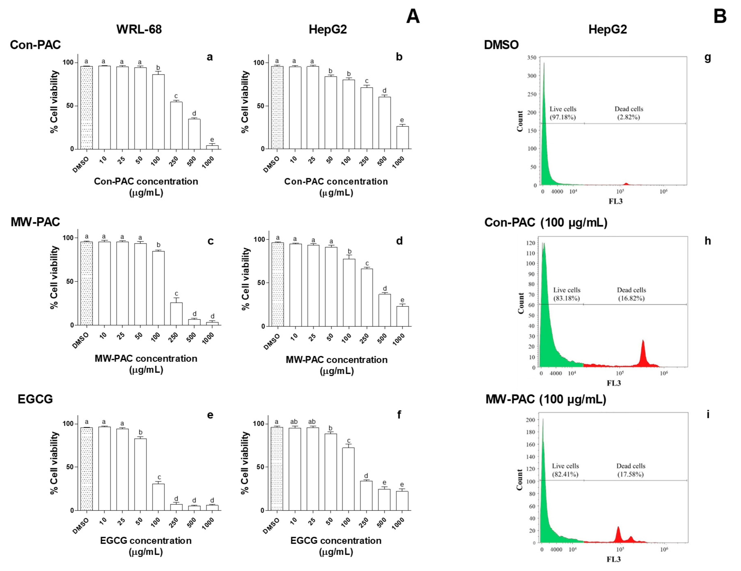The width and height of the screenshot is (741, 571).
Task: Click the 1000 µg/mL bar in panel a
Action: coord(212,147)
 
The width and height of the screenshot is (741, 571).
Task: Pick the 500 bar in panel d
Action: coord(384,310)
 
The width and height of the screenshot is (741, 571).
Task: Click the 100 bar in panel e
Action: coord(158,497)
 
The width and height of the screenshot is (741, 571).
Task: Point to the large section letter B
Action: coord(720,16)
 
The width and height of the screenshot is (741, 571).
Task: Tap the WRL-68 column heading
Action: coord(139,30)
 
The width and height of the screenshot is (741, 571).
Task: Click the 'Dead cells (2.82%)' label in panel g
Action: coord(628,113)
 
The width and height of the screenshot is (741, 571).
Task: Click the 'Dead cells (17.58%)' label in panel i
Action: coord(630,470)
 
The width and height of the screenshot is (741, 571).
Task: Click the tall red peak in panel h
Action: coord(643,353)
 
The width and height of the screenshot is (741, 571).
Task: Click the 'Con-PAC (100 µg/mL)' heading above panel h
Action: coord(546,223)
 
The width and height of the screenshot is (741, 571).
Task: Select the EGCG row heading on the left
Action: coord(35,399)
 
